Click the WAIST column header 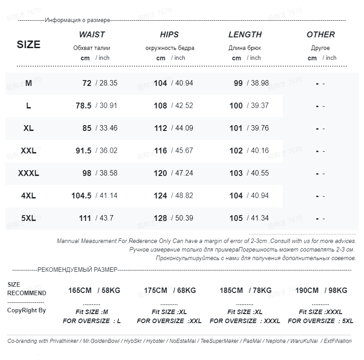(x=92, y=35)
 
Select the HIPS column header (x=169, y=35)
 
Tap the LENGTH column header (x=245, y=35)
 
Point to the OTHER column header (x=320, y=35)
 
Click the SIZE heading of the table (x=28, y=45)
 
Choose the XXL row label (x=28, y=151)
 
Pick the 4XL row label (x=28, y=196)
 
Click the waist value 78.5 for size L (x=83, y=106)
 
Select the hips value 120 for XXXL (x=160, y=173)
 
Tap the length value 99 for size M (x=238, y=83)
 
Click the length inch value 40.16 (x=259, y=151)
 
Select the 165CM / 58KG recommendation (x=94, y=291)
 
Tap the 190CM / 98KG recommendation (x=321, y=291)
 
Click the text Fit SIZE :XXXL (x=320, y=312)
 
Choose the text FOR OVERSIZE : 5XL (x=320, y=321)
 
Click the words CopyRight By (x=26, y=310)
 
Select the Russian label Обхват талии (x=91, y=48)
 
